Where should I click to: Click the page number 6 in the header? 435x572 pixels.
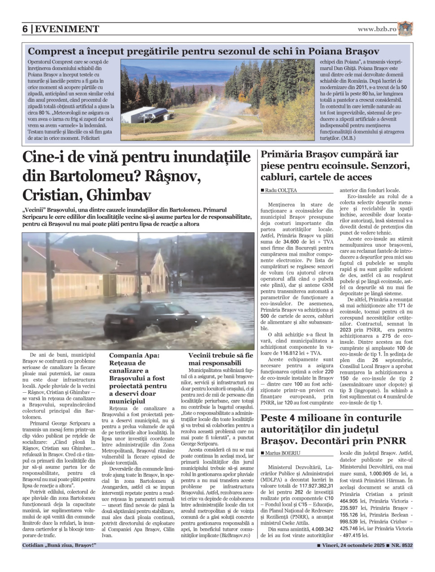click(25, 29)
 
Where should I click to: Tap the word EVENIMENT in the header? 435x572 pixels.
click(67, 29)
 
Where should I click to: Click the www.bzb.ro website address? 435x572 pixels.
click(377, 29)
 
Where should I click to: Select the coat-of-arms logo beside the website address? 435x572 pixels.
click(405, 29)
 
